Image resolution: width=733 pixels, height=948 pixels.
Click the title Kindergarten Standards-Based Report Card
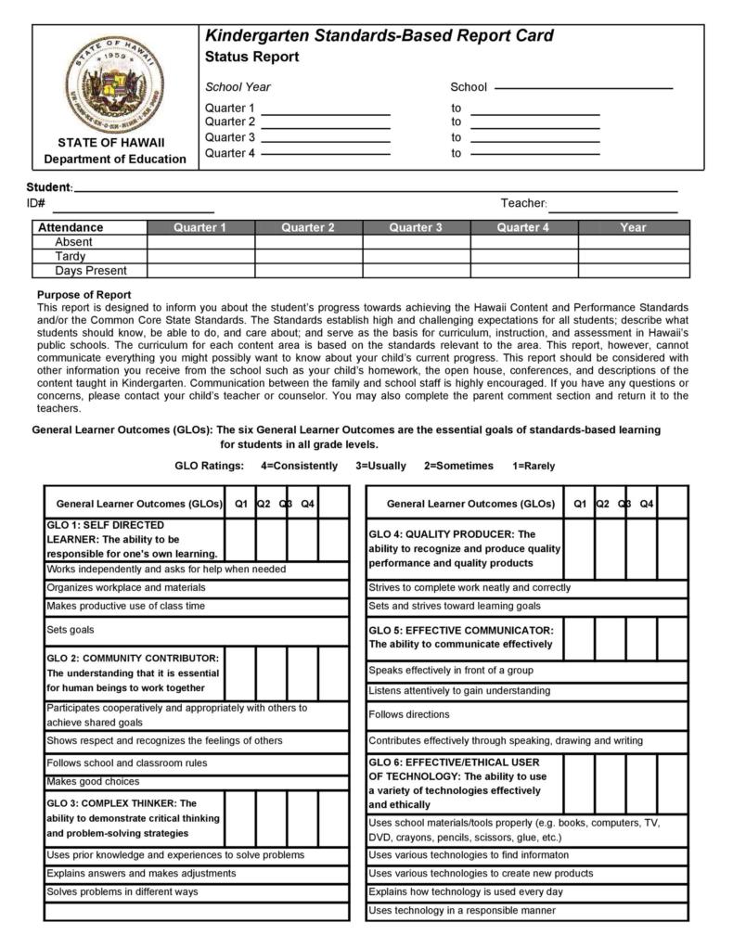(379, 36)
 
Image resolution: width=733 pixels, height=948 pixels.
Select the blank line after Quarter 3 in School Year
(326, 138)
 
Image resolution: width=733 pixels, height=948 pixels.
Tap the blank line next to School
(584, 88)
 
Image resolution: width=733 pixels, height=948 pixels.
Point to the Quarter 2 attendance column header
(308, 227)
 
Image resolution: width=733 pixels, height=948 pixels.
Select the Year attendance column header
(633, 227)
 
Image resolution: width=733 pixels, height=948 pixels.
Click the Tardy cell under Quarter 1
(200, 256)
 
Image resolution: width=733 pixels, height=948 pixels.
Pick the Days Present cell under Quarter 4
(523, 271)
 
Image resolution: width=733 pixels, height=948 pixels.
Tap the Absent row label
(74, 242)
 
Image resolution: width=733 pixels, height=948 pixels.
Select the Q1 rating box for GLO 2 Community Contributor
(240, 673)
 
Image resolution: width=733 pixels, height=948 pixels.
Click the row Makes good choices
(93, 781)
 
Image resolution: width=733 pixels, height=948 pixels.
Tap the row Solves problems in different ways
(122, 891)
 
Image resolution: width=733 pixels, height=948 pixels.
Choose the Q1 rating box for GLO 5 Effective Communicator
(579, 637)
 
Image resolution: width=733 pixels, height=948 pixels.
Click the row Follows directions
(408, 714)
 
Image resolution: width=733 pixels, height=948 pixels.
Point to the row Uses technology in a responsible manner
(462, 910)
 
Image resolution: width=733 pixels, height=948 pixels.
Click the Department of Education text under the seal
(115, 159)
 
